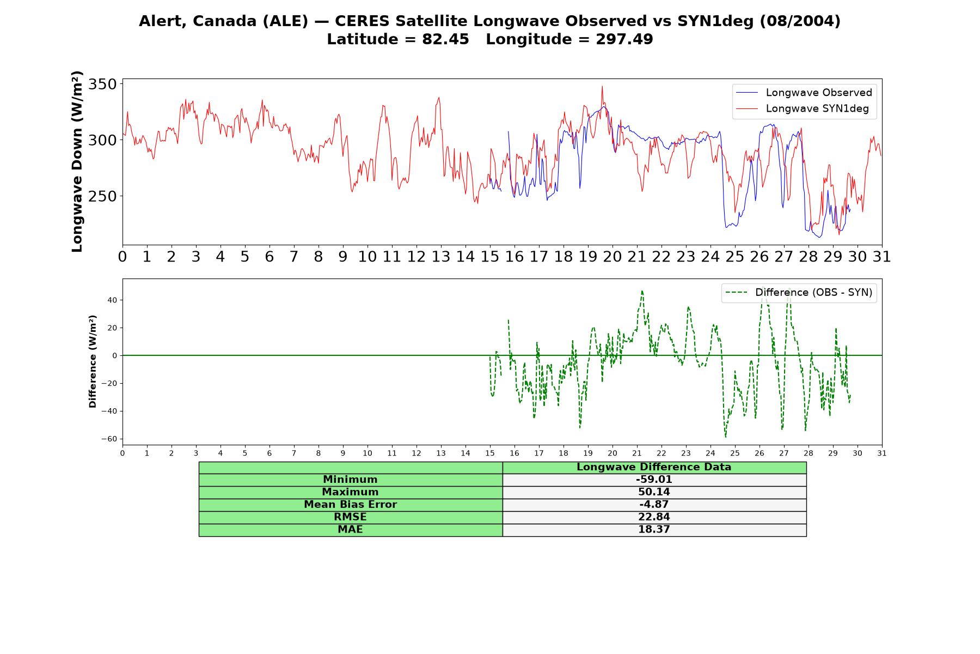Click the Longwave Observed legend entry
pos(804,93)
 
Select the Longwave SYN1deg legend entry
pos(802,108)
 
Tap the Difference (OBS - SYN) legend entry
pos(799,293)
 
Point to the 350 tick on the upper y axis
pos(103,84)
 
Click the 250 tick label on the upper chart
pos(103,196)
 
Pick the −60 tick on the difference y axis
pos(109,439)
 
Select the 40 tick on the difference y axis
pos(112,300)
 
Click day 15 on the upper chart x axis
pos(490,257)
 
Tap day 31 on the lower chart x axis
pos(882,453)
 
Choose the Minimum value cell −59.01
pos(654,480)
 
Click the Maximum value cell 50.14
pos(654,492)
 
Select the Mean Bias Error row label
pos(350,505)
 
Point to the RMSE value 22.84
pos(654,517)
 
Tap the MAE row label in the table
pos(350,530)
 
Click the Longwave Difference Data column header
pos(654,467)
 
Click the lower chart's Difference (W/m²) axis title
pos(93,361)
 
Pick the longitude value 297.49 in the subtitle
pos(624,39)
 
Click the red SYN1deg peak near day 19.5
pos(602,86)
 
